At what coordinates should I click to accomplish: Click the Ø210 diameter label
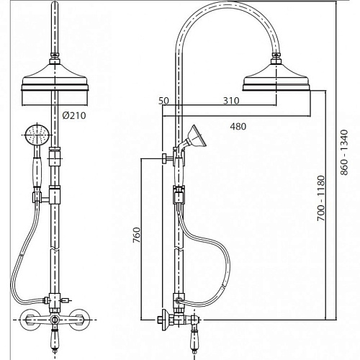[74, 116]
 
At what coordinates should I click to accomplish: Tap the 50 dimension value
[163, 101]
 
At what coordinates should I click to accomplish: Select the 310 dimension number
[231, 101]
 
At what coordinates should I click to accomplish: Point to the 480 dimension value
[238, 127]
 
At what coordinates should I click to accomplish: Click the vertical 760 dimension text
[137, 235]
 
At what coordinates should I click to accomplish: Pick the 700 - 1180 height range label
[321, 198]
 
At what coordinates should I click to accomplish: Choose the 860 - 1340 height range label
[344, 153]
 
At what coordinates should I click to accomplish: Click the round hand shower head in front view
[37, 135]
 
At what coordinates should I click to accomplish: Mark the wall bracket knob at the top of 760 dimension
[165, 158]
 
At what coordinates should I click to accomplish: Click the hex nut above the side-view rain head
[276, 60]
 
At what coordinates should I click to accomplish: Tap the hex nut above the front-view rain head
[55, 60]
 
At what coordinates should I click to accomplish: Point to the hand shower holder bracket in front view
[41, 198]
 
